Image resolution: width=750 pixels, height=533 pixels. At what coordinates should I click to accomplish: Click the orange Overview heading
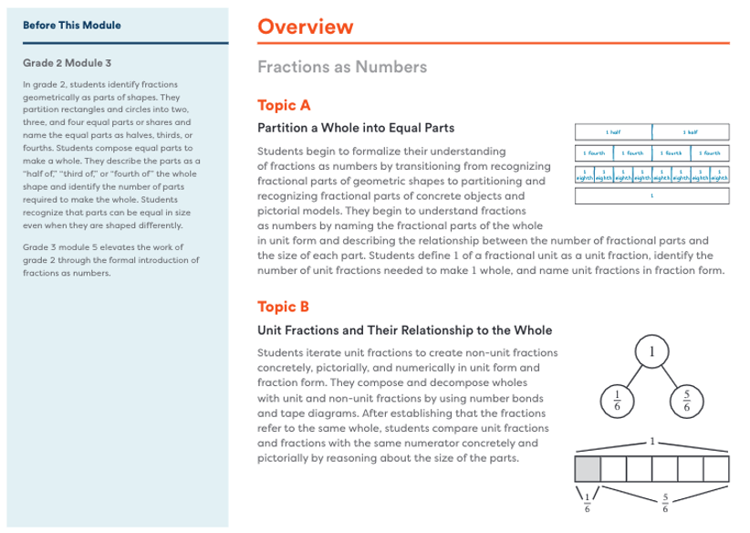[x=305, y=26]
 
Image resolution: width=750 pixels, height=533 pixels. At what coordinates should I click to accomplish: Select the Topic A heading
[x=284, y=104]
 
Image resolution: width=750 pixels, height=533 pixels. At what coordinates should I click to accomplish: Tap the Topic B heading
[x=284, y=306]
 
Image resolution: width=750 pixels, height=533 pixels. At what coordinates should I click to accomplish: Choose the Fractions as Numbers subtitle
[x=342, y=67]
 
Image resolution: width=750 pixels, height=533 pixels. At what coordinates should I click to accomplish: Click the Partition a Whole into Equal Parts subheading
[x=356, y=127]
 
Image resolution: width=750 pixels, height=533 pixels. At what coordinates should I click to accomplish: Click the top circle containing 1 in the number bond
[x=651, y=352]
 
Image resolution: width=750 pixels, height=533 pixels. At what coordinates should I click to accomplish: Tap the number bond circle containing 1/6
[x=616, y=400]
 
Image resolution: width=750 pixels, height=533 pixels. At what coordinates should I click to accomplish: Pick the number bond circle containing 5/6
[x=687, y=400]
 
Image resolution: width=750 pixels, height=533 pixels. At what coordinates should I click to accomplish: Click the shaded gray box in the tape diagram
[x=588, y=469]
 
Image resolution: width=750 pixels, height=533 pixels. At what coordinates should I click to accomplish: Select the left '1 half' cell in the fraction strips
[x=613, y=131]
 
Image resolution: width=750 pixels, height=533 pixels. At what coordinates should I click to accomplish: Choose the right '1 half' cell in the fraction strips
[x=691, y=131]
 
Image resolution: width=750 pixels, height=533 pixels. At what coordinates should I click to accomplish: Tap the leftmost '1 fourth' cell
[x=594, y=153]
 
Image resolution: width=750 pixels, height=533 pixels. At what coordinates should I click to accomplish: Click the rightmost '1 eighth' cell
[x=720, y=175]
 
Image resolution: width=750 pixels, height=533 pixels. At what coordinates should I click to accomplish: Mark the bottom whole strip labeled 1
[x=651, y=195]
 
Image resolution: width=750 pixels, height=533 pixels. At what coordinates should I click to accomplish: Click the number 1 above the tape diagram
[x=651, y=441]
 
